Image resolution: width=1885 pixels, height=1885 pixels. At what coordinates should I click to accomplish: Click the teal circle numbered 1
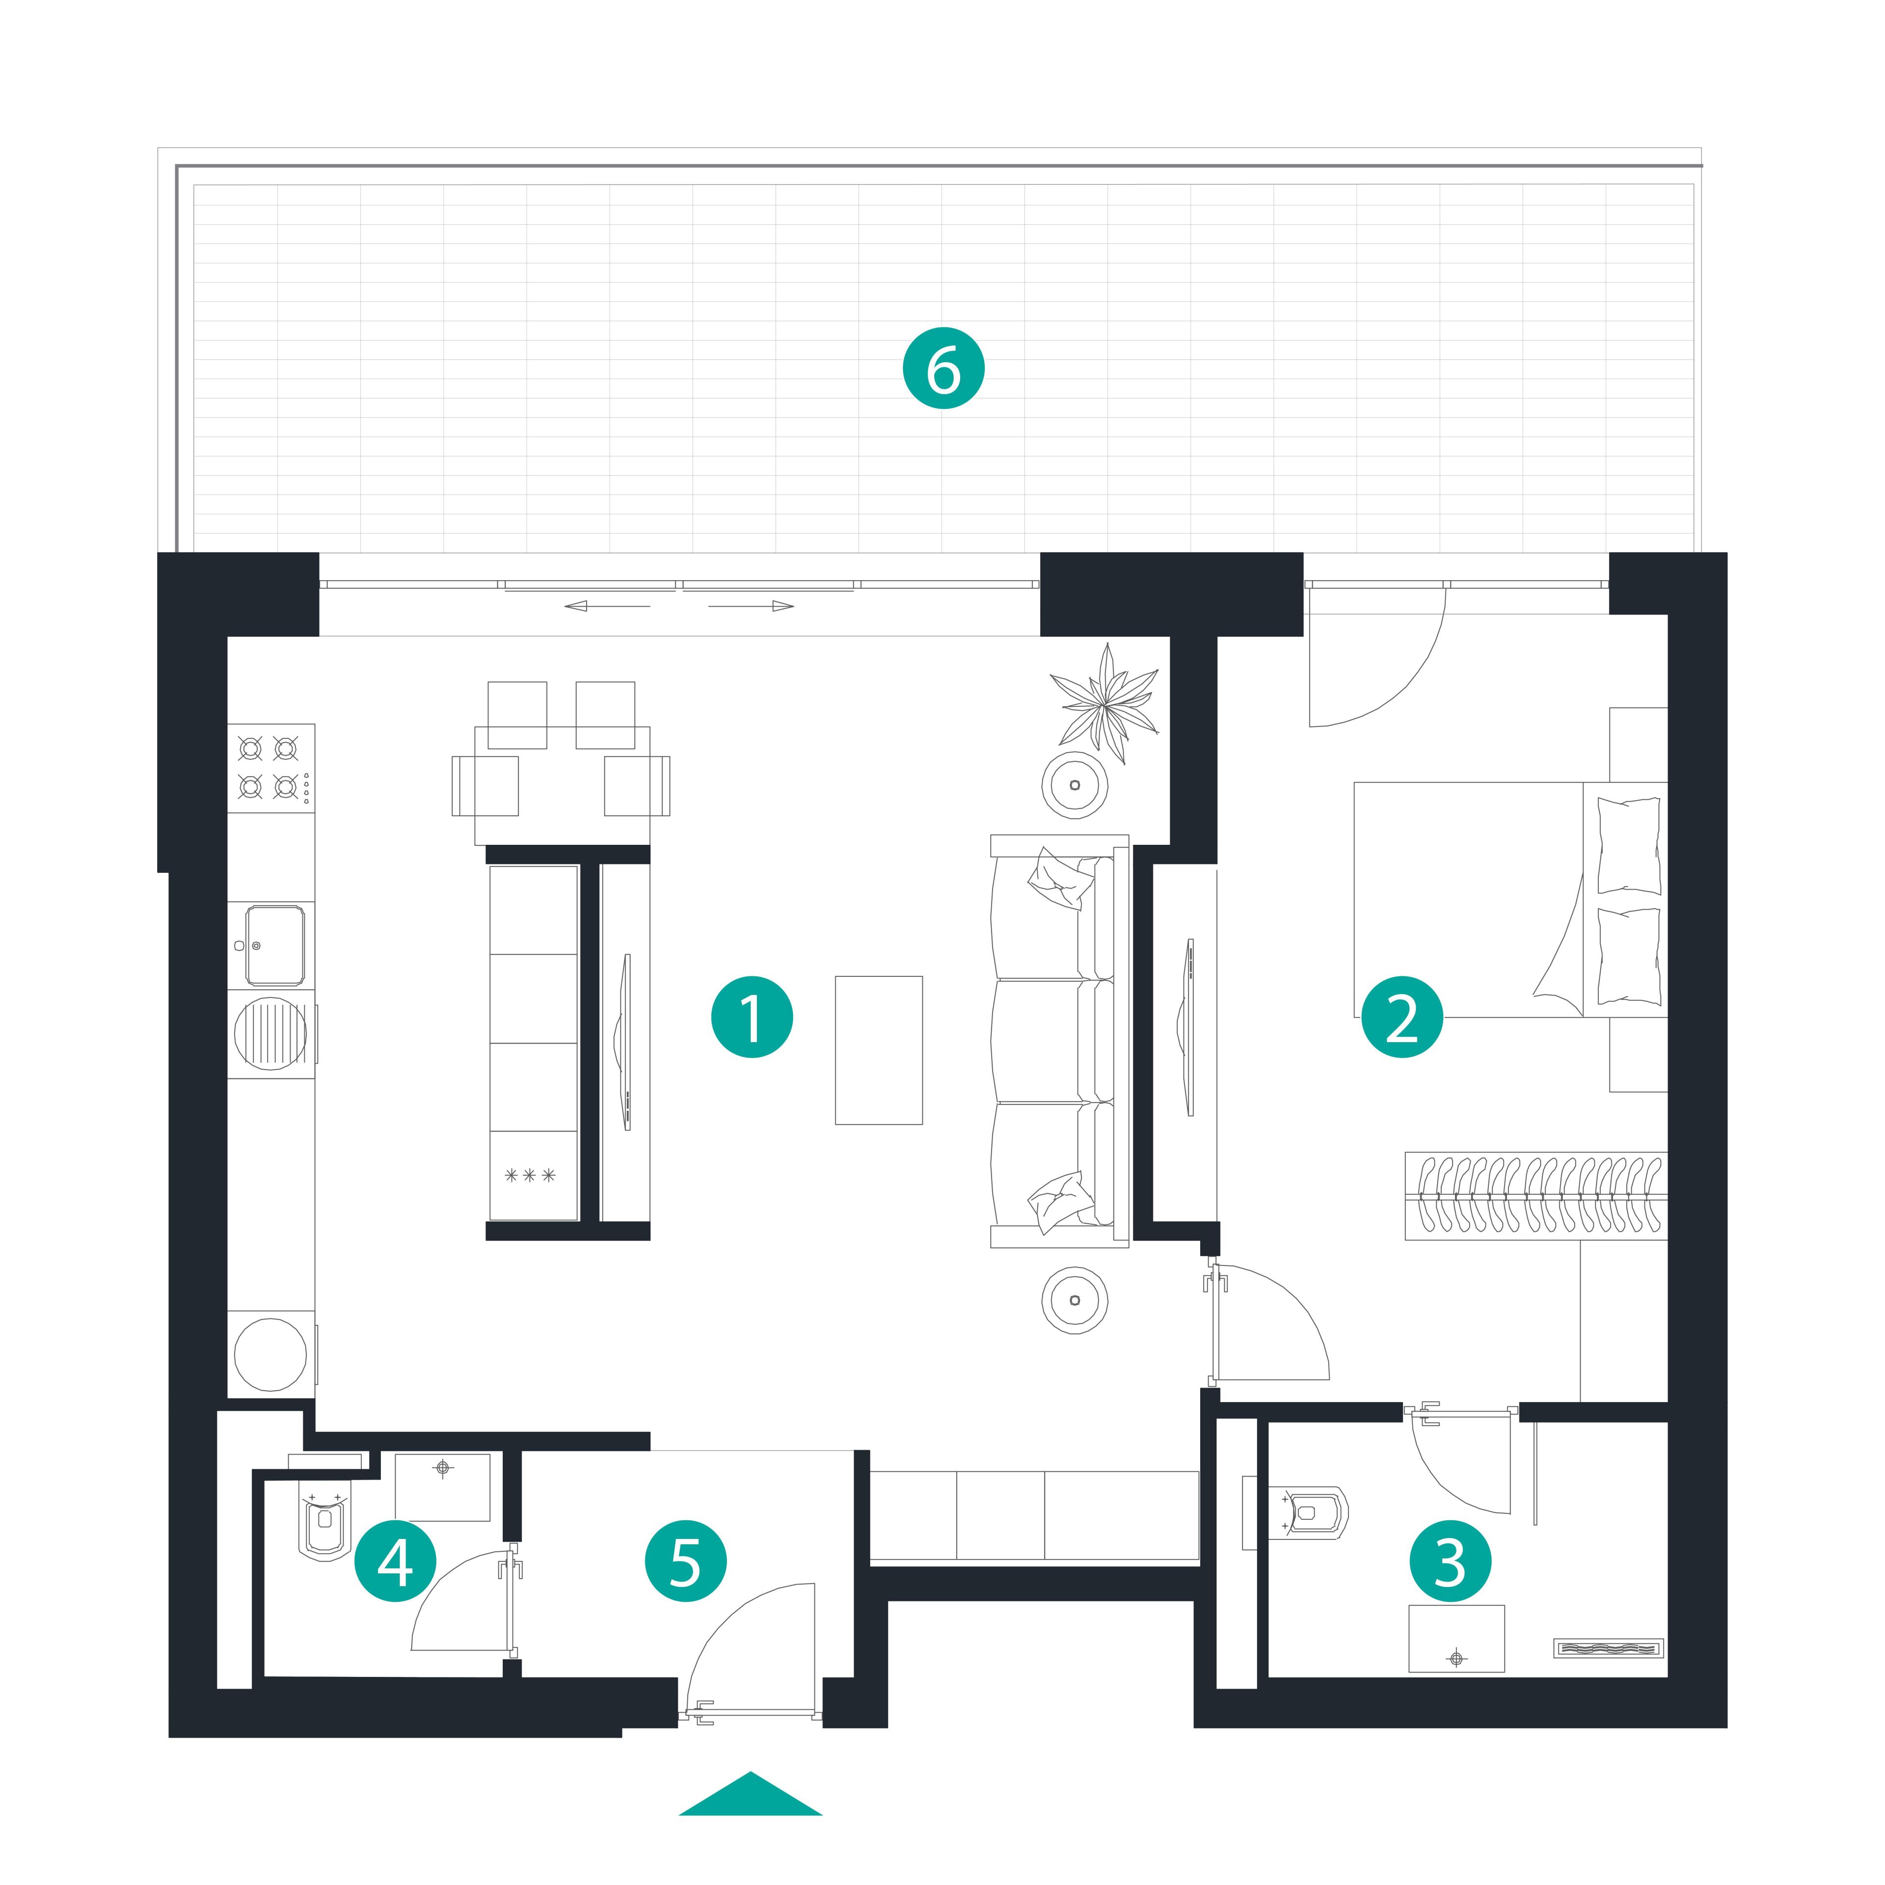pos(751,1018)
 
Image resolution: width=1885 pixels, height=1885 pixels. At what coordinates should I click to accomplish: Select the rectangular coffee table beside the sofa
pos(878,1050)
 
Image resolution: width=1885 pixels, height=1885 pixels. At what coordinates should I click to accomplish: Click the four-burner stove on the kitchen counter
pos(271,768)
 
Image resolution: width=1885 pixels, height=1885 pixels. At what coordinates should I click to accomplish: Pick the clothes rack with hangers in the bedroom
pos(1535,1196)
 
